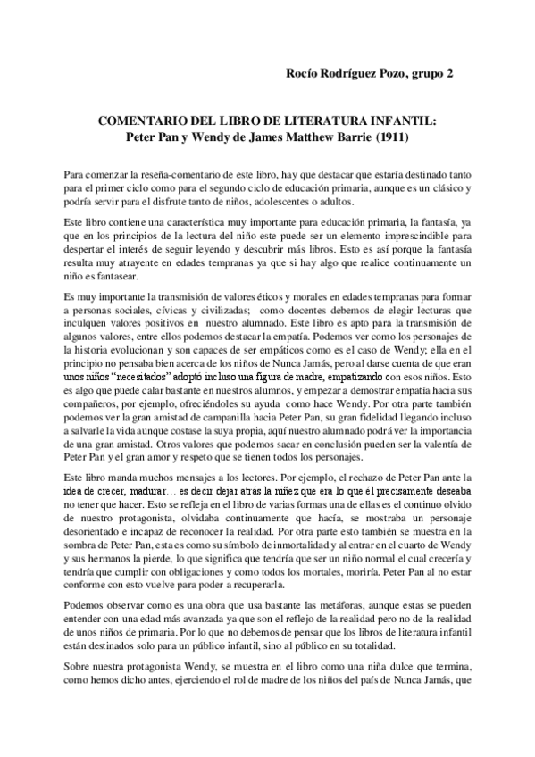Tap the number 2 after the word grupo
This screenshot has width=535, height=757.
click(x=449, y=74)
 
